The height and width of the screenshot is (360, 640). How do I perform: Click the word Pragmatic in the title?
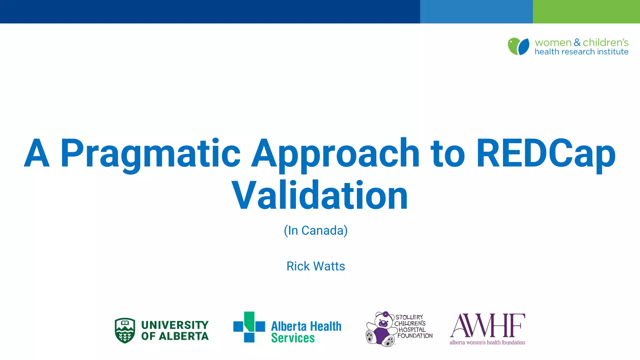[x=150, y=154]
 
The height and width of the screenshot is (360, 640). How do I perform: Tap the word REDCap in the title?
[x=546, y=154]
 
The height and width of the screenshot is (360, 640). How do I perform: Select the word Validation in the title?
[x=320, y=196]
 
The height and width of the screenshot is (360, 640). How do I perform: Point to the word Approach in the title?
[x=335, y=154]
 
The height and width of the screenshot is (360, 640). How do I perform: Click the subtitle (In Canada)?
[x=316, y=231]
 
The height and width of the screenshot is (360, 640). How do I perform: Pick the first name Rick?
[x=298, y=266]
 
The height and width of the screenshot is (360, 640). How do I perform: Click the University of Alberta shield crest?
[x=125, y=330]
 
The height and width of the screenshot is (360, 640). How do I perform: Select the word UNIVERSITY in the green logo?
[x=175, y=325]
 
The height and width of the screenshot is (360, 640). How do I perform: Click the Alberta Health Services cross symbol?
[x=249, y=327]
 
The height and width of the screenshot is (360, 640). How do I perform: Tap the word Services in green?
[x=293, y=338]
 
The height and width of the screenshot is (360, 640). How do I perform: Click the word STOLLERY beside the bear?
[x=409, y=317]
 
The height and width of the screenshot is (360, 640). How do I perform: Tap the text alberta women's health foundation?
[x=487, y=342]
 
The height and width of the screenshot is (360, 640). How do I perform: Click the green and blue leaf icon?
[x=518, y=46]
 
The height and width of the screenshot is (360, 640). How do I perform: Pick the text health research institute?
[x=581, y=52]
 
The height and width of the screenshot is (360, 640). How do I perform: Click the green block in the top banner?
[x=586, y=12]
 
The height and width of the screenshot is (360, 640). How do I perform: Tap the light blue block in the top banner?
[x=476, y=12]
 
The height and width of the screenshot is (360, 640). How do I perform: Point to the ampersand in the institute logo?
[x=577, y=42]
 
